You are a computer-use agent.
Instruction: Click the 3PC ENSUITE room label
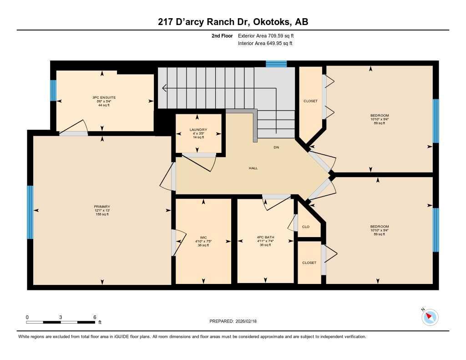tap(101, 97)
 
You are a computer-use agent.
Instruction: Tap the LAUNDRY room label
tap(198, 130)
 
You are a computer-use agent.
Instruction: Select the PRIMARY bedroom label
tap(102, 207)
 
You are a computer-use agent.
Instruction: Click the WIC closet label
tap(203, 237)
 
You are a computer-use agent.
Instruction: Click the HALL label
tap(253, 168)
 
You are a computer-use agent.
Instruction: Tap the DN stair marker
tap(276, 147)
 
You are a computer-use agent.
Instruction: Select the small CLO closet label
tap(306, 227)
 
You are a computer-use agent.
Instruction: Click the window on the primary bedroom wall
tap(30, 212)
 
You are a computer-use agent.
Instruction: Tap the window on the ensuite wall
tap(53, 91)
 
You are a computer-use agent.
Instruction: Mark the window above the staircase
tap(276, 64)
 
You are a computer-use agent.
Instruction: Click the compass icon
tap(430, 317)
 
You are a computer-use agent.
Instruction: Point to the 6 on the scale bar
tap(94, 317)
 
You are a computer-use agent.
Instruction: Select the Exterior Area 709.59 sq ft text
tap(269, 35)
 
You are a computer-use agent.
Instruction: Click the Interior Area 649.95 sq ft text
tap(265, 44)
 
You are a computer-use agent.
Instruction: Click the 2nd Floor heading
tap(222, 35)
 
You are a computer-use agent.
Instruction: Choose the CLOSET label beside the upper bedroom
tap(310, 101)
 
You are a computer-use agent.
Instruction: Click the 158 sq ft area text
tap(102, 214)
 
